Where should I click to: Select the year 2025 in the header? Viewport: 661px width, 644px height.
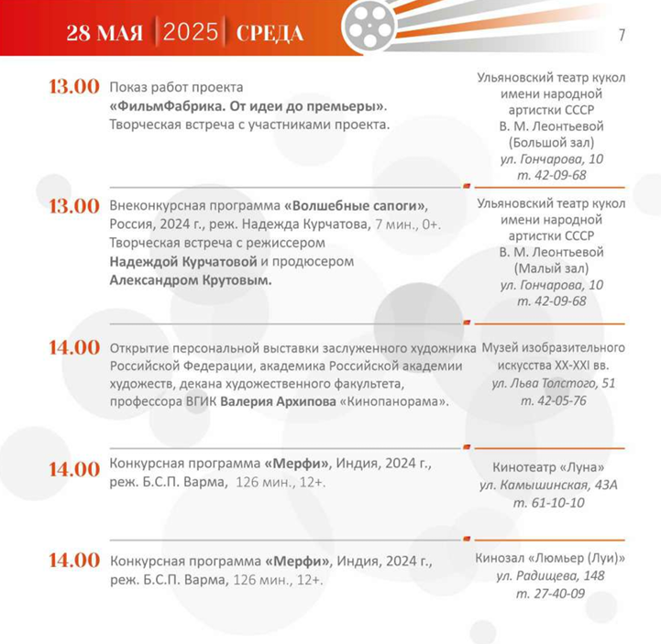pyautogui.click(x=192, y=33)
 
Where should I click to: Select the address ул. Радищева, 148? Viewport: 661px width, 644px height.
pyautogui.click(x=550, y=575)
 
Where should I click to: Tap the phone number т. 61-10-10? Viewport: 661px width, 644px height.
pyautogui.click(x=550, y=502)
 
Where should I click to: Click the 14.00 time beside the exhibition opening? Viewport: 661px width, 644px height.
pyautogui.click(x=74, y=348)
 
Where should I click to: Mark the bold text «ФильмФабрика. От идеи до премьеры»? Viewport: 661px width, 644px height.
pyautogui.click(x=247, y=105)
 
